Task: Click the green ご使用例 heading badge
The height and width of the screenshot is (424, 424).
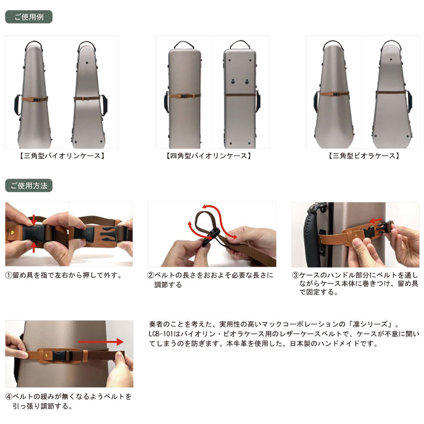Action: pyautogui.click(x=29, y=17)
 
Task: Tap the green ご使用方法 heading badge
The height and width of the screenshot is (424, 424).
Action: pyautogui.click(x=29, y=186)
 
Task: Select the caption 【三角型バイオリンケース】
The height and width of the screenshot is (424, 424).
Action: pyautogui.click(x=62, y=156)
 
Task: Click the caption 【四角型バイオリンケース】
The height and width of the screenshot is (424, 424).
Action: pyautogui.click(x=209, y=156)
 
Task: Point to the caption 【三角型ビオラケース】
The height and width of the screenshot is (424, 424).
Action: pyautogui.click(x=364, y=156)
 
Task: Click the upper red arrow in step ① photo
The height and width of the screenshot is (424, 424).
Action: pyautogui.click(x=33, y=220)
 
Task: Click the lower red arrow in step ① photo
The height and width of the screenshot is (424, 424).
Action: pyautogui.click(x=33, y=247)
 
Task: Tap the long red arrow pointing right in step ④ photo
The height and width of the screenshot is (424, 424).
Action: pyautogui.click(x=101, y=342)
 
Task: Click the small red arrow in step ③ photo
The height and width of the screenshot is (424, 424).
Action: pyautogui.click(x=376, y=220)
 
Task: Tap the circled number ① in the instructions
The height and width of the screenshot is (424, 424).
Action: pyautogui.click(x=9, y=275)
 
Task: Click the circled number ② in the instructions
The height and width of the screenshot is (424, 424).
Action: pyautogui.click(x=151, y=275)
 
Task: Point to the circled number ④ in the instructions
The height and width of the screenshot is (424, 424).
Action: pyautogui.click(x=9, y=397)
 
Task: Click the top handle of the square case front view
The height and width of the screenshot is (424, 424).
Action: pyautogui.click(x=184, y=45)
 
